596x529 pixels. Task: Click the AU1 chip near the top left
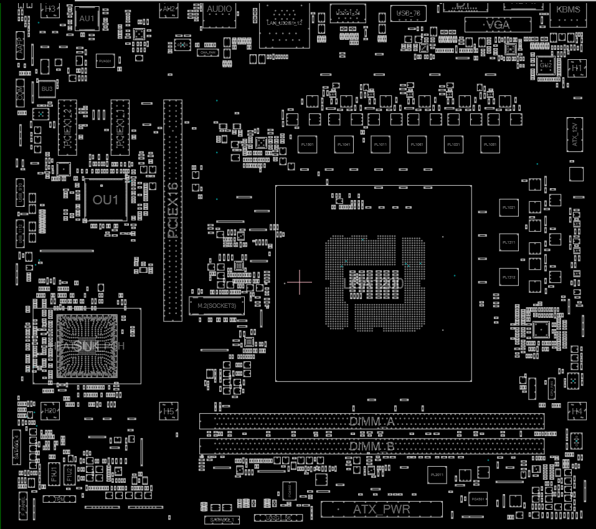[x=87, y=19]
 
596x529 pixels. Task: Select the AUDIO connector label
[x=219, y=9]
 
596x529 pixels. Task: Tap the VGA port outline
[x=498, y=25]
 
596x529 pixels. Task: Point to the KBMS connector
[x=567, y=10]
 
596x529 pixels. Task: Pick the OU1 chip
[x=106, y=200]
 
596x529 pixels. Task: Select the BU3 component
[x=47, y=89]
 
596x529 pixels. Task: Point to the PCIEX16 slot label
[x=174, y=210]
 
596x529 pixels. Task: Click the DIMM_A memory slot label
[x=371, y=422]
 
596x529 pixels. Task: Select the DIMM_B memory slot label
[x=371, y=446]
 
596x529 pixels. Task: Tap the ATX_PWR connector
[x=382, y=509]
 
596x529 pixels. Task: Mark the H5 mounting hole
[x=169, y=412]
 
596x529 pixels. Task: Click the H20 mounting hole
[x=50, y=411]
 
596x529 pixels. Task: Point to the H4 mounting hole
[x=577, y=411]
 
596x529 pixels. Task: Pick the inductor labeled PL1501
[x=308, y=145]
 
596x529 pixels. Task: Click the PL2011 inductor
[x=437, y=475]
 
